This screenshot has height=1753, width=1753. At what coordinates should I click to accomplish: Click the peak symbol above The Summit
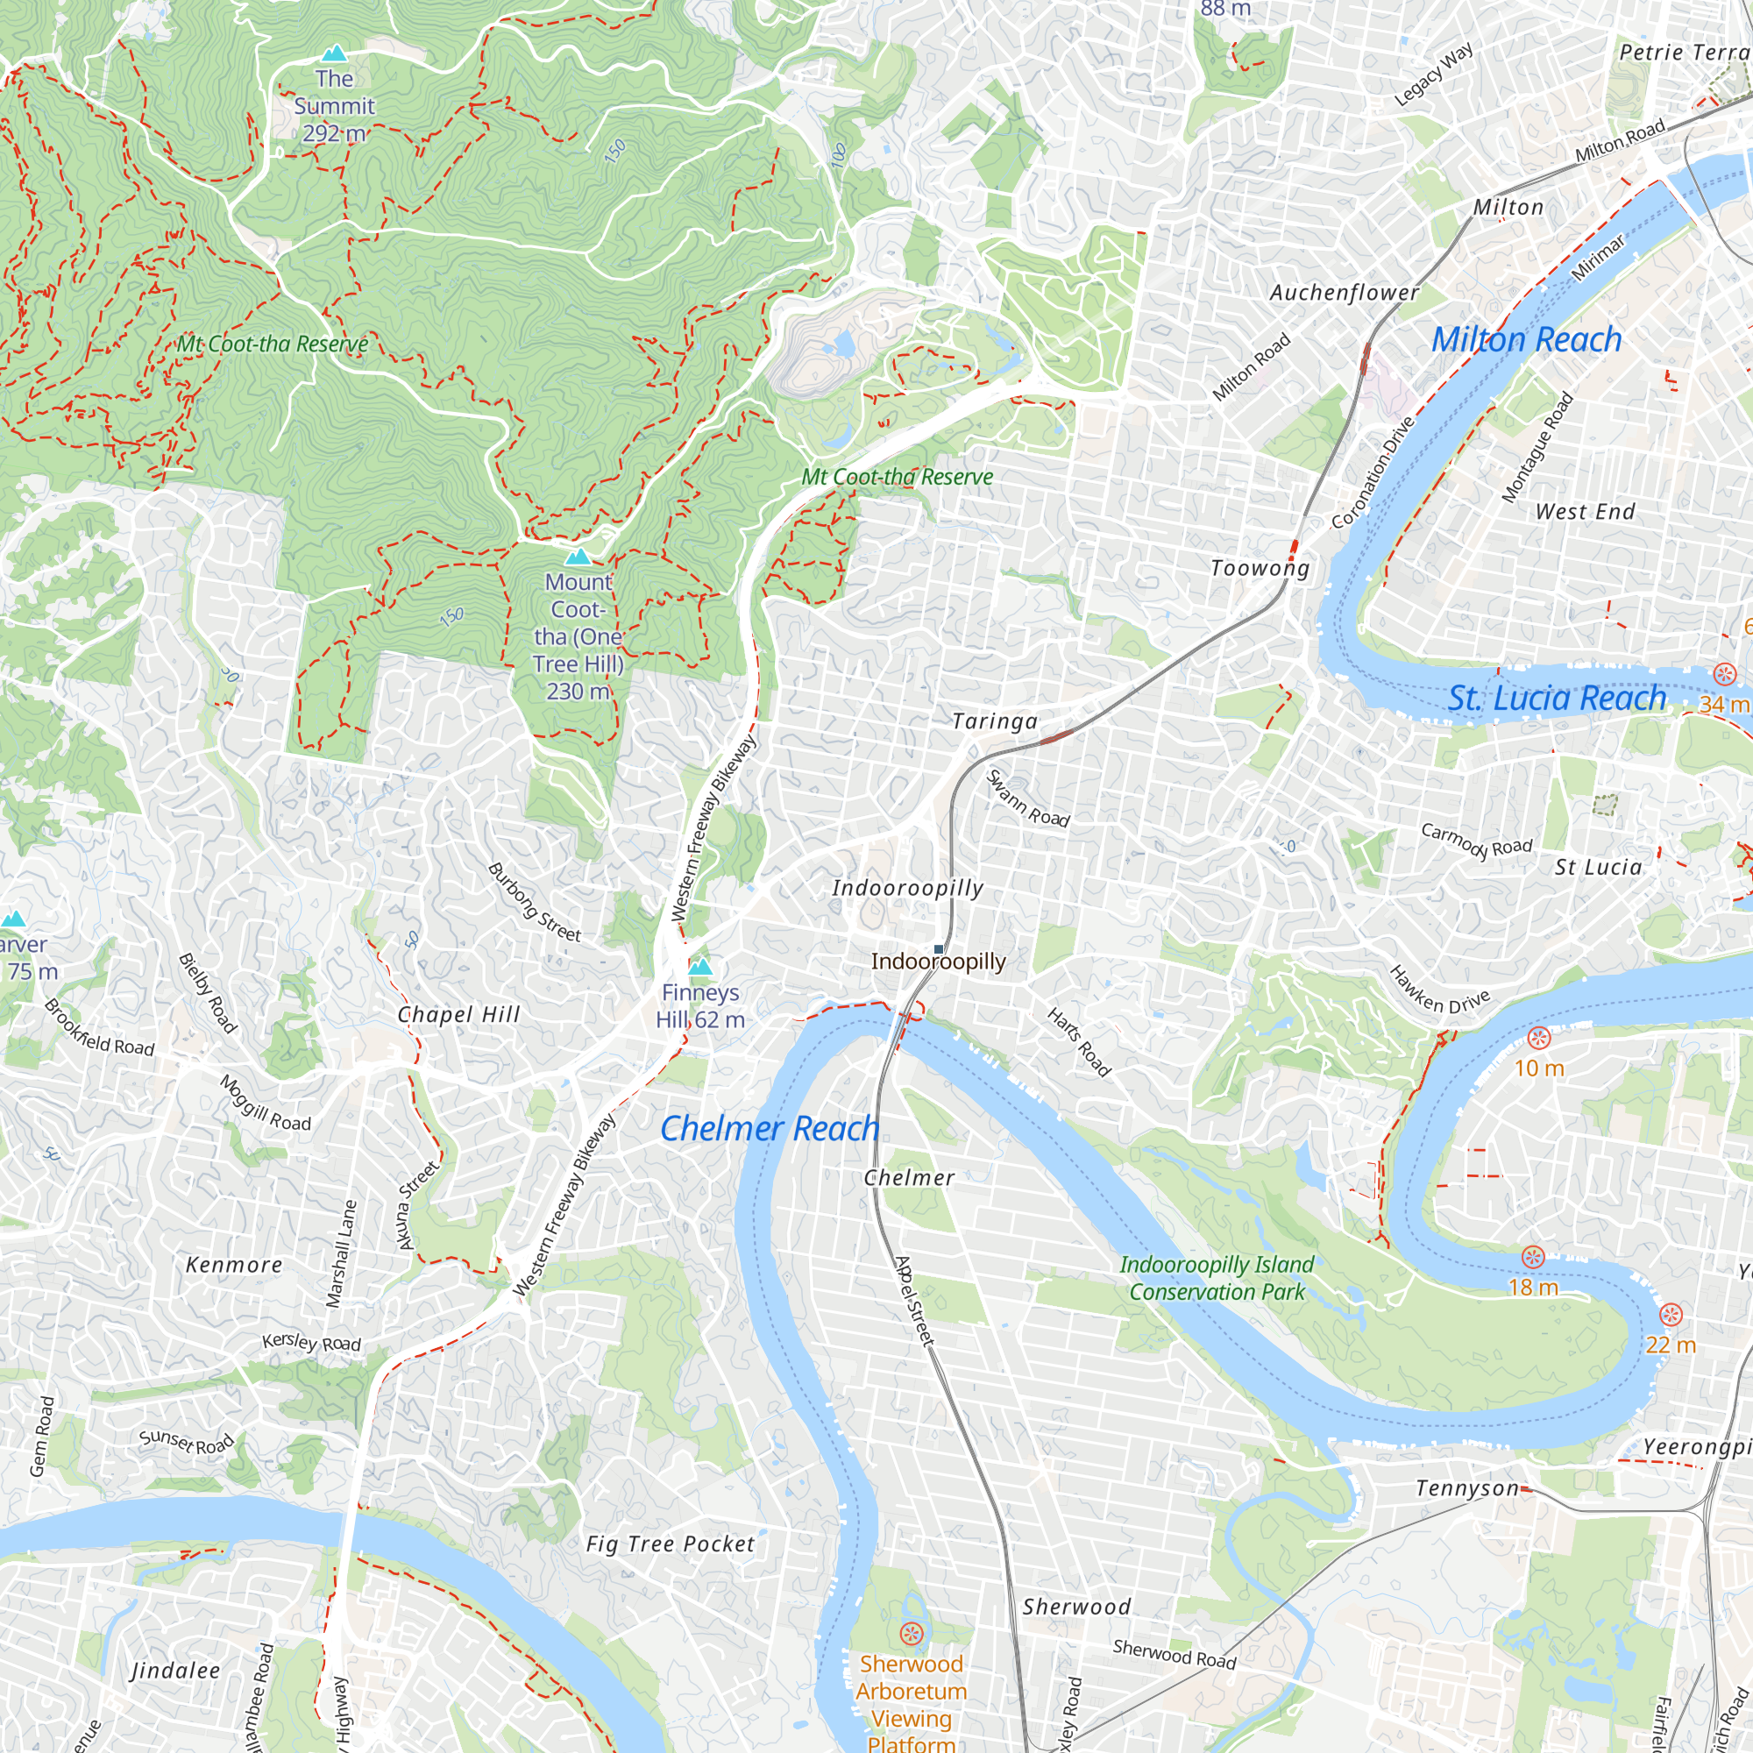[x=335, y=53]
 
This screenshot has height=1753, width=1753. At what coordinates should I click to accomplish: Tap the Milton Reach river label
[x=1526, y=339]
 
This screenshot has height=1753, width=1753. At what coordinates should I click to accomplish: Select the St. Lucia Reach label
[x=1557, y=698]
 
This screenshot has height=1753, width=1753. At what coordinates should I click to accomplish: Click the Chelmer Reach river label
[x=770, y=1128]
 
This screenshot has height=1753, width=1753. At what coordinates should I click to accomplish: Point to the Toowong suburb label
[x=1260, y=568]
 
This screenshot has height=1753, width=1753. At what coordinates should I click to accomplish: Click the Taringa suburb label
[x=995, y=721]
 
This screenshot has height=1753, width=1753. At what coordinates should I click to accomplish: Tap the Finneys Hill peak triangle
[x=699, y=969]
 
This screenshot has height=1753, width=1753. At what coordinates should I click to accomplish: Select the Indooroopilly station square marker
[x=938, y=949]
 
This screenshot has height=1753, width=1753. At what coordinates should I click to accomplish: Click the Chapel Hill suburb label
[x=459, y=1014]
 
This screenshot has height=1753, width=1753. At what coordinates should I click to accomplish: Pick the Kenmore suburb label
[x=234, y=1265]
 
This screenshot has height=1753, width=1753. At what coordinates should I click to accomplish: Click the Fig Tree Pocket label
[x=671, y=1544]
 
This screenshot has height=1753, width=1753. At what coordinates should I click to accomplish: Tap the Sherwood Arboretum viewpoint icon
[x=911, y=1634]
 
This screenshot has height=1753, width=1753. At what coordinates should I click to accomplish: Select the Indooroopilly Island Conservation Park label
[x=1217, y=1278]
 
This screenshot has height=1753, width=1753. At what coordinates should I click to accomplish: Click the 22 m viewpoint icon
[x=1671, y=1315]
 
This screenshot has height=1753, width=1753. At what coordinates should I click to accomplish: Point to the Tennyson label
[x=1467, y=1489]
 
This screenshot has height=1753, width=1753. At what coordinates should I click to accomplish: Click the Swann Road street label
[x=1028, y=798]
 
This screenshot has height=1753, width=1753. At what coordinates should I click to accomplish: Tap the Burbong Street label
[x=535, y=902]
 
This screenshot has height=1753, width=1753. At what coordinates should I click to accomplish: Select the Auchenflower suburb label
[x=1344, y=292]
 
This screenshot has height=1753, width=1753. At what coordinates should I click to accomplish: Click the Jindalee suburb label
[x=175, y=1671]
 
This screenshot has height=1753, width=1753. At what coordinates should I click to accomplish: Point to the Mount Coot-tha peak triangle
[x=578, y=557]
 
